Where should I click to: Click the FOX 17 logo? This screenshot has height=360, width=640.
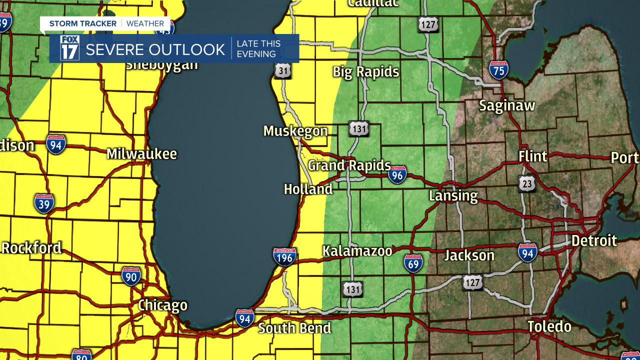click(x=69, y=48)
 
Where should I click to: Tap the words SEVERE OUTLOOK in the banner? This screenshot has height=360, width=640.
click(x=155, y=49)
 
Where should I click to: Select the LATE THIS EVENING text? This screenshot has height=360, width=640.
click(x=258, y=49)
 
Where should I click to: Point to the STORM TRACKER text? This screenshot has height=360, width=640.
click(x=82, y=23)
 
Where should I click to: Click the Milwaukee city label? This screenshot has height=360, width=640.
click(x=141, y=153)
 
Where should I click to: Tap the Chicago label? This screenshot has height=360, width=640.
click(x=162, y=305)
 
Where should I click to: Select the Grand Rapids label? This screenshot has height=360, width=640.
click(x=349, y=165)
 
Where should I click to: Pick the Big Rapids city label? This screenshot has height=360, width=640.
click(x=366, y=72)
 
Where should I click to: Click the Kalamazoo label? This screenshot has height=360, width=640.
click(x=357, y=251)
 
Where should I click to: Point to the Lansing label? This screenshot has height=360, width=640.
click(x=453, y=195)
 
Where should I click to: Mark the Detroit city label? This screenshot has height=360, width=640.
click(x=594, y=240)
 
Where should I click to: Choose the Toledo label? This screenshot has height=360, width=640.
click(x=549, y=326)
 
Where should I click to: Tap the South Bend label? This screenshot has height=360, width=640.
click(x=294, y=328)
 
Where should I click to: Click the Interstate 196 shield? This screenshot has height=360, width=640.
click(x=284, y=256)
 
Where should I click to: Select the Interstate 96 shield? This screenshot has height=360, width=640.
click(x=397, y=175)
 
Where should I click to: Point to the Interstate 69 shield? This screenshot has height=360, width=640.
click(x=413, y=263)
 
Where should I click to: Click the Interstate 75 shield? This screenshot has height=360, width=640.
click(x=498, y=70)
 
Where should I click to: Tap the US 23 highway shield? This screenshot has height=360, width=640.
click(x=527, y=183)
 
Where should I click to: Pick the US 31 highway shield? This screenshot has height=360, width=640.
click(x=282, y=71)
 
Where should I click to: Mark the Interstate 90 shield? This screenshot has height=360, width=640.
click(x=131, y=276)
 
